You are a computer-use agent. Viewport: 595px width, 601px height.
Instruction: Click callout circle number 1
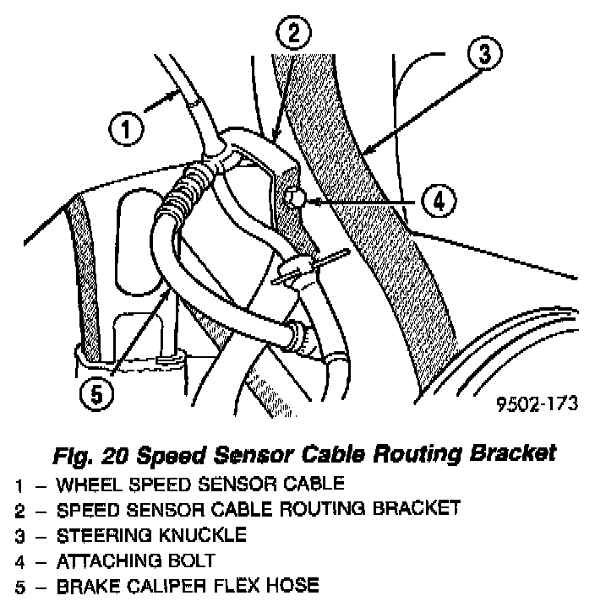(124, 131)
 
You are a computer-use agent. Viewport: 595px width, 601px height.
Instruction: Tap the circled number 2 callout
(293, 35)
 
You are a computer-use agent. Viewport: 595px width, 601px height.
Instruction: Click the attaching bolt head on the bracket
(294, 198)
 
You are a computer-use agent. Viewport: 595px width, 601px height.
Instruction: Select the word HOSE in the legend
(297, 584)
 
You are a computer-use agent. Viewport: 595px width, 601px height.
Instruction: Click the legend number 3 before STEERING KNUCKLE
(19, 534)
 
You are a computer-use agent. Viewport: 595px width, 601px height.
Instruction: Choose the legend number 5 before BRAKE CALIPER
(19, 584)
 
